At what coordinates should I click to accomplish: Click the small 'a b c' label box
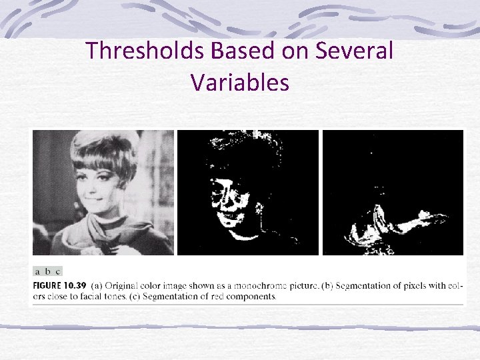pos(47,271)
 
